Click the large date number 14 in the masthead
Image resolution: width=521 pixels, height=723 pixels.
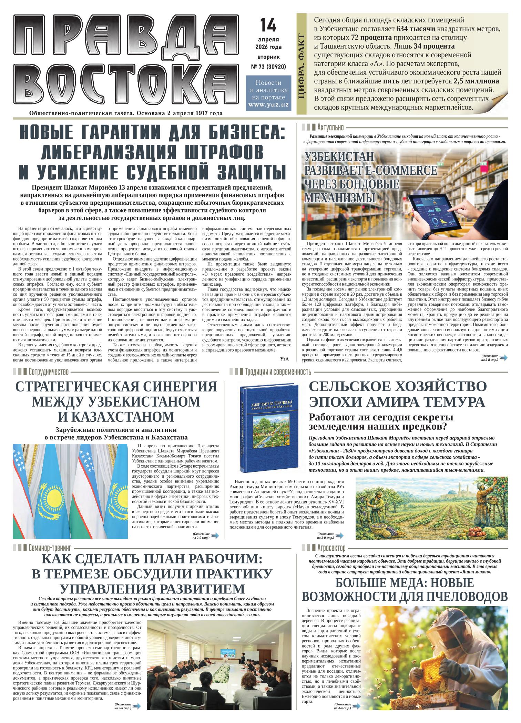[x=268, y=24]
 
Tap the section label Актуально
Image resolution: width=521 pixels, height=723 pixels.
[x=330, y=128]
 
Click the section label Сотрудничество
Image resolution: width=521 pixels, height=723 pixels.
[x=49, y=372]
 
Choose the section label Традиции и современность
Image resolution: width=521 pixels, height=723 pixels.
[x=278, y=372]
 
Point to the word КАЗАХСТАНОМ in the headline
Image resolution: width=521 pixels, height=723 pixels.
[x=116, y=417]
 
